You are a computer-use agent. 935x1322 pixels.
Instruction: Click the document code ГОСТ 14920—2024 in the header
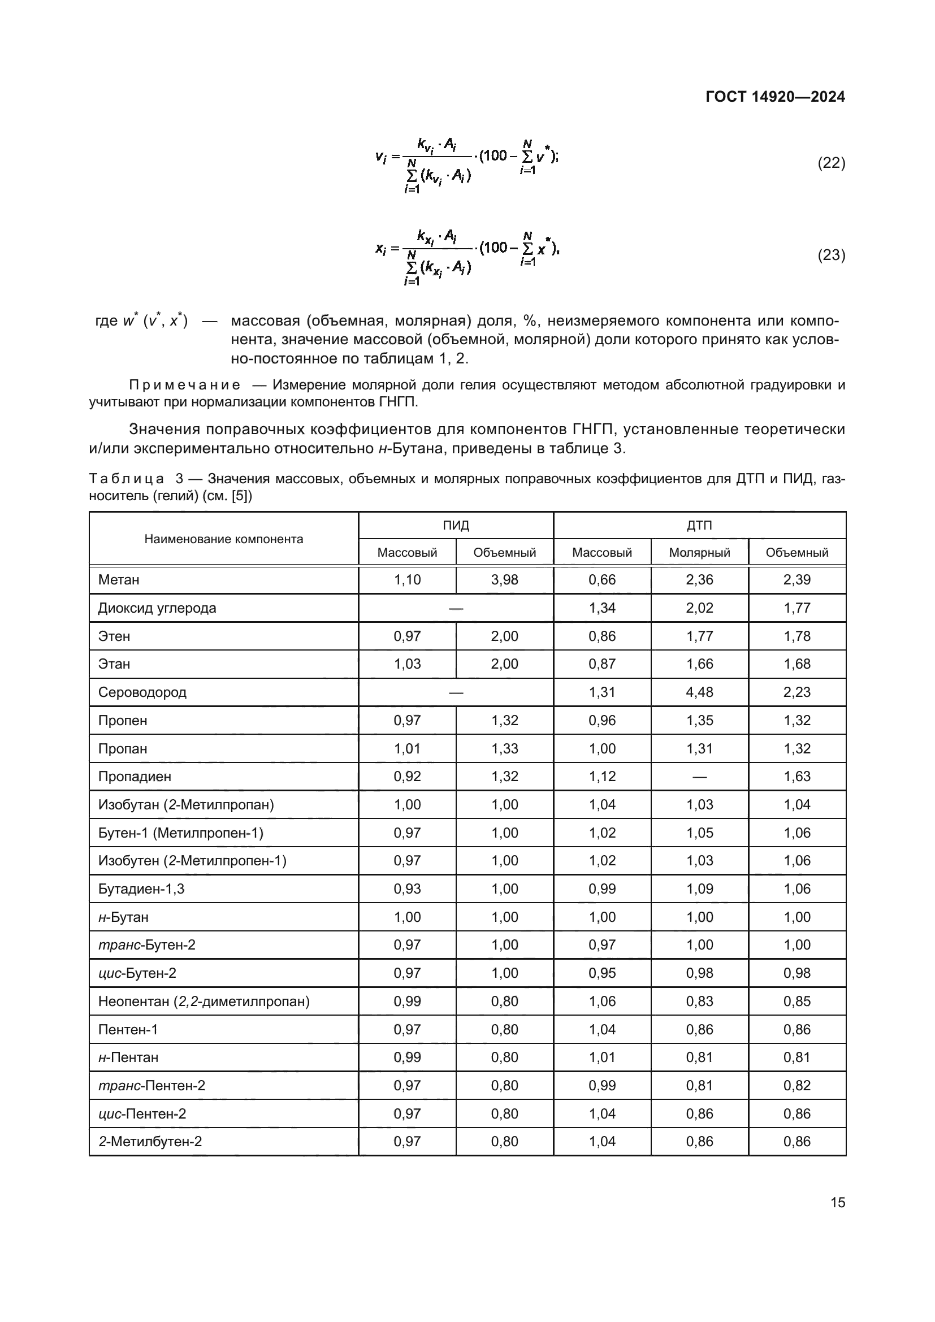(775, 97)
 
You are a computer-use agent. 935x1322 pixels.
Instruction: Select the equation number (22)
(832, 163)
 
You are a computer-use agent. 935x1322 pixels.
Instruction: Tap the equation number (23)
(832, 254)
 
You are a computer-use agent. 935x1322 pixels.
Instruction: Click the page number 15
(838, 1202)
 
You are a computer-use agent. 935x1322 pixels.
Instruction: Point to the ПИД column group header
(456, 525)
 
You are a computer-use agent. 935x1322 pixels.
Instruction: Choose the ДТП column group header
(699, 525)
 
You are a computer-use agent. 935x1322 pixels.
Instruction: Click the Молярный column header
(699, 553)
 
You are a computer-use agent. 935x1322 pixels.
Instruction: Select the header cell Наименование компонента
(223, 539)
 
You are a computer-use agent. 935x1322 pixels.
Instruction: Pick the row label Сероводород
(142, 692)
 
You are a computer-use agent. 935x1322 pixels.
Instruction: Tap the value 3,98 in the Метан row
(504, 580)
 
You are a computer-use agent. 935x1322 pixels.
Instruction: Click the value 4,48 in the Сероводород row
(699, 692)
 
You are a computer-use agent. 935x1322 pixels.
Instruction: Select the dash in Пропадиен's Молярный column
(699, 777)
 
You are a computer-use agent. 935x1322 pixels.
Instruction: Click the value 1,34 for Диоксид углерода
(602, 608)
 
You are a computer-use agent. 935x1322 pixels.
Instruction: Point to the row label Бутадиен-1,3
(141, 888)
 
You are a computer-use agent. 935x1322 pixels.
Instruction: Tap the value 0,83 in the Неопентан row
(699, 1002)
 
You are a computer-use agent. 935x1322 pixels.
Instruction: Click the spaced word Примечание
(184, 385)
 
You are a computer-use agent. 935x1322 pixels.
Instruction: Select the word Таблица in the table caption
(127, 479)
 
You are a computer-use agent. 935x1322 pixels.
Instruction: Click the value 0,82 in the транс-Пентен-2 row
(797, 1085)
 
